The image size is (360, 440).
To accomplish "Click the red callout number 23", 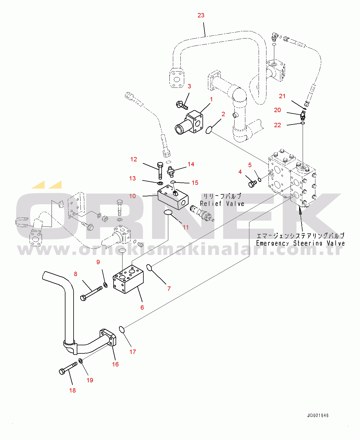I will tap(201, 15).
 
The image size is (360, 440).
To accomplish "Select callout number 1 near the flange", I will tap(211, 99).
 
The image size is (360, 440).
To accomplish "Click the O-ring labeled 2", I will tap(209, 130).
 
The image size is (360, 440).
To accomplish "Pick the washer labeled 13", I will tap(160, 183).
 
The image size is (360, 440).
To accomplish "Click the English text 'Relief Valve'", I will tap(222, 204).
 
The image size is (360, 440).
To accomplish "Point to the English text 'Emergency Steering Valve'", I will tap(300, 243).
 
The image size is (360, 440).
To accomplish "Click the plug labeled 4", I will tap(252, 183).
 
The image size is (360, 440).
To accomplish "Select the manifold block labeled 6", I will tap(128, 280).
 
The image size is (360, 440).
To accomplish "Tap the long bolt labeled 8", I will tap(91, 293).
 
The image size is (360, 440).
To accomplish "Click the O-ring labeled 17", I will tap(122, 329).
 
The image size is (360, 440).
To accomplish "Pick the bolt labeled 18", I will tap(67, 369).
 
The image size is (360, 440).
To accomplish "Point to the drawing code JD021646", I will tap(318, 415).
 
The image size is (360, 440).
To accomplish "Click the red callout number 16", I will tap(115, 364).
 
